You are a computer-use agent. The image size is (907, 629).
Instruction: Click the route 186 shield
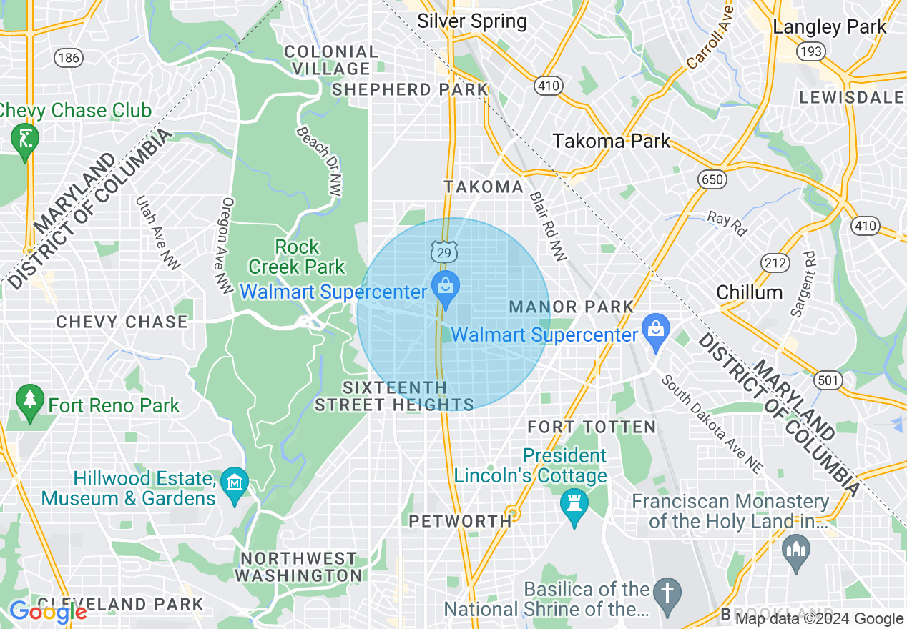click(x=69, y=59)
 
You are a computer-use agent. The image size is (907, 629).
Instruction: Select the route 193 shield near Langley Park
click(x=812, y=51)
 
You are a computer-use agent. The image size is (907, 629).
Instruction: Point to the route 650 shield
click(x=712, y=179)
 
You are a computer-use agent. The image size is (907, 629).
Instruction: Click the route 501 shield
click(x=828, y=380)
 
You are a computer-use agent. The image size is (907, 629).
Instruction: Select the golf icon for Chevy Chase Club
click(x=25, y=139)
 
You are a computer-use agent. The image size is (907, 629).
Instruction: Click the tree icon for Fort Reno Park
click(x=29, y=404)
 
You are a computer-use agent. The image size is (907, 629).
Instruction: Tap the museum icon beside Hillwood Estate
click(x=235, y=487)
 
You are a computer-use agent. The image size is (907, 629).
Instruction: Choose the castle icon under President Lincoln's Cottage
click(x=574, y=505)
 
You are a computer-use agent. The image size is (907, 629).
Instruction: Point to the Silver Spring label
click(x=472, y=21)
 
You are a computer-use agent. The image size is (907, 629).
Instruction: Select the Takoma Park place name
click(x=612, y=141)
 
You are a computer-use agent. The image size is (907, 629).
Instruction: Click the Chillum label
click(x=750, y=292)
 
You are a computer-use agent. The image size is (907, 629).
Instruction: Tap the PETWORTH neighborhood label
click(x=460, y=521)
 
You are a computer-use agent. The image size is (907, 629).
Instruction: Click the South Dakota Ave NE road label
click(x=711, y=423)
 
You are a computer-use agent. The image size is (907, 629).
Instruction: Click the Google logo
click(x=47, y=613)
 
